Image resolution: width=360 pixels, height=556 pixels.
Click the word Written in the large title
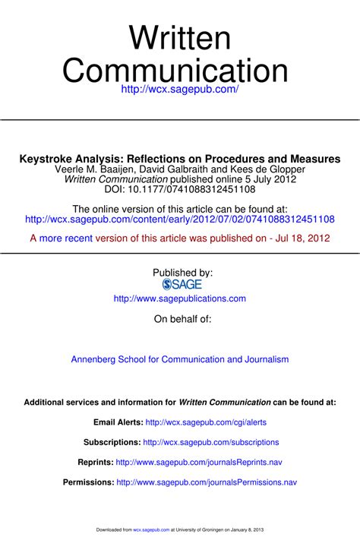179,38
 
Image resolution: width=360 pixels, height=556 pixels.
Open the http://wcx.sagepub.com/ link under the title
180,90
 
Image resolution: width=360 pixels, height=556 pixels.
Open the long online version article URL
180,219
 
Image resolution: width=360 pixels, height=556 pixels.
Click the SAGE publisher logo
182,284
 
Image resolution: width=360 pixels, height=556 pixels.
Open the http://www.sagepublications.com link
180,299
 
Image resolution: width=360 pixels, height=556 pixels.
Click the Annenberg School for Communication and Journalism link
180,359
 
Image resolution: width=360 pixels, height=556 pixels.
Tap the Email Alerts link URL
206,422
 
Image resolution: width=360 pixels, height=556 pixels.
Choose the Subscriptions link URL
211,441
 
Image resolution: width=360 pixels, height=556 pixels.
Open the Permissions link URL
207,482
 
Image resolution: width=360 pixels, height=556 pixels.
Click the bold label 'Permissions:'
88,482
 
